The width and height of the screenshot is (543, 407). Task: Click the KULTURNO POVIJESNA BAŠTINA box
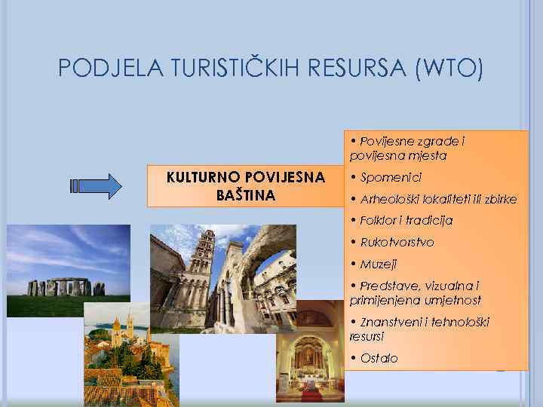tap(245, 186)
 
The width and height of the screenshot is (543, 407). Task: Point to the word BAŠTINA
tap(245, 196)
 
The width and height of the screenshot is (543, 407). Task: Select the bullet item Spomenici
tap(391, 178)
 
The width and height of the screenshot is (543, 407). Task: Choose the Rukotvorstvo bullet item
tap(407, 243)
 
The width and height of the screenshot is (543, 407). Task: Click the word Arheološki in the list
tap(391, 200)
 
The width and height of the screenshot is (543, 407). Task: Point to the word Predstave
tap(388, 286)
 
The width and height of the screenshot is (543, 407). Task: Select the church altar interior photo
tap(309, 362)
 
